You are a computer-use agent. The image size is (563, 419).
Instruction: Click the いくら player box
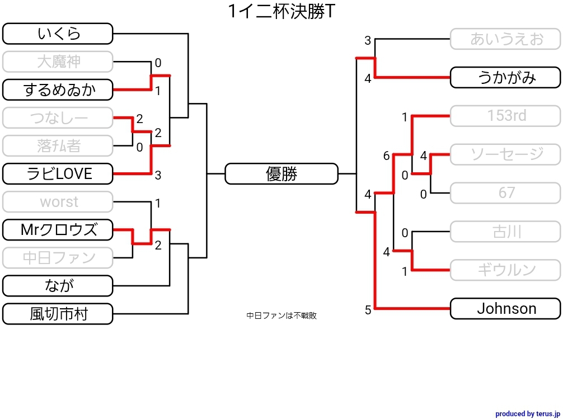58,34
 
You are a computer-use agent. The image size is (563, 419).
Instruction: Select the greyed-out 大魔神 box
58,62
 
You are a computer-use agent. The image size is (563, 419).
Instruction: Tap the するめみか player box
58,90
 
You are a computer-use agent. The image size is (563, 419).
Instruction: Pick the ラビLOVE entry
58,174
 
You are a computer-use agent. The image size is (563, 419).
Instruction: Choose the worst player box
58,202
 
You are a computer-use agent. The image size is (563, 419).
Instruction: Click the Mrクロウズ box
58,230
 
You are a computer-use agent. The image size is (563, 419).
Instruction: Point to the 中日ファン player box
58,258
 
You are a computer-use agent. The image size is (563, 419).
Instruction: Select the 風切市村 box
58,314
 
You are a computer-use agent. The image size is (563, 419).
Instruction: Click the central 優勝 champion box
281,174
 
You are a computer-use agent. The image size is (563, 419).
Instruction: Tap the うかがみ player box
505,77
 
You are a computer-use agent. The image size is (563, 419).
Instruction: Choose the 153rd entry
505,116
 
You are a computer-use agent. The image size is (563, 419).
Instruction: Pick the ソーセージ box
505,154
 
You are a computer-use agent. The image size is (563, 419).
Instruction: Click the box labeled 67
505,193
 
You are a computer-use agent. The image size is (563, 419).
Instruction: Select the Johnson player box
505,308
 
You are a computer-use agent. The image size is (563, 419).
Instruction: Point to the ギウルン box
505,270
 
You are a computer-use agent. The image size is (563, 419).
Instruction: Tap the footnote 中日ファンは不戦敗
281,316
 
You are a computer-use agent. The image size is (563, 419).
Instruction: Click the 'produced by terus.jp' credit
527,413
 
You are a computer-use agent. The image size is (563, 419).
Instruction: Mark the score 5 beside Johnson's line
368,310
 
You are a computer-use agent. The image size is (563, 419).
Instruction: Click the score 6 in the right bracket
386,156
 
